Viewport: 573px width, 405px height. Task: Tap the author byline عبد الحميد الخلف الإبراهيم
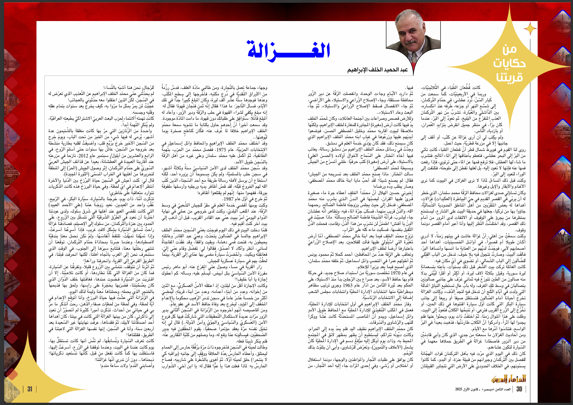(x=377, y=70)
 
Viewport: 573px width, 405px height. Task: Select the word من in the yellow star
(x=509, y=49)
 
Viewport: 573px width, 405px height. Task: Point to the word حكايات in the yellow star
(x=509, y=63)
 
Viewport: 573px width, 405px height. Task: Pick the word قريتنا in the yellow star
(x=509, y=77)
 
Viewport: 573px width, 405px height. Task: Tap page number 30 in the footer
(x=519, y=389)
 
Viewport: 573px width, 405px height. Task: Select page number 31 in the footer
(x=30, y=389)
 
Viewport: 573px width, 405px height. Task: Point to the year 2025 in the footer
(x=460, y=389)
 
